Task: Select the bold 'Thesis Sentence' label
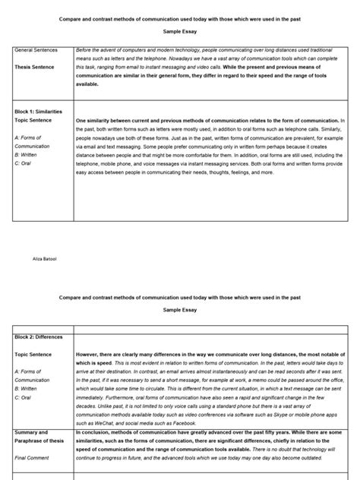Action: [34, 66]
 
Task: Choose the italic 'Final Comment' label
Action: [31, 457]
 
